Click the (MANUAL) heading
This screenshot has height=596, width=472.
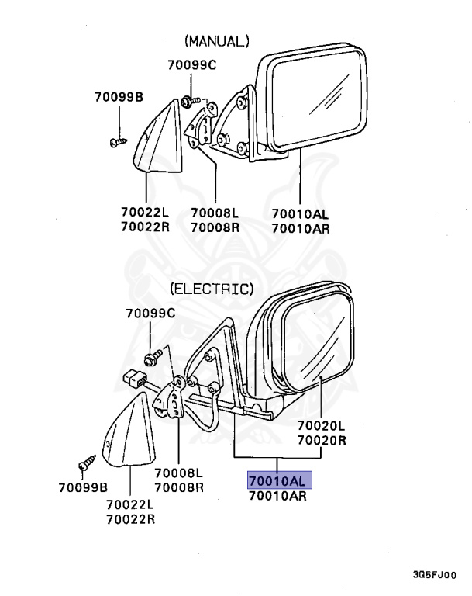[216, 40]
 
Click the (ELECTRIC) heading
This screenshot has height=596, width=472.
[212, 289]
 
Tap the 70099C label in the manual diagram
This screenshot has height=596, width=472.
[192, 65]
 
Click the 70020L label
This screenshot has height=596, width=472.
[322, 425]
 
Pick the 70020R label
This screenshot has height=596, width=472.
[322, 440]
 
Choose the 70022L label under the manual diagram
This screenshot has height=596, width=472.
[145, 212]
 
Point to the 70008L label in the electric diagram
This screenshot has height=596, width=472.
[178, 473]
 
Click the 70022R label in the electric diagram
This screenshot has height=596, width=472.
[130, 519]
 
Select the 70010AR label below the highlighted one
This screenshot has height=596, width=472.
[278, 495]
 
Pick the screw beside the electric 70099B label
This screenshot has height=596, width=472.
[85, 466]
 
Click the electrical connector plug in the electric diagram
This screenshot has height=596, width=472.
[137, 380]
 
